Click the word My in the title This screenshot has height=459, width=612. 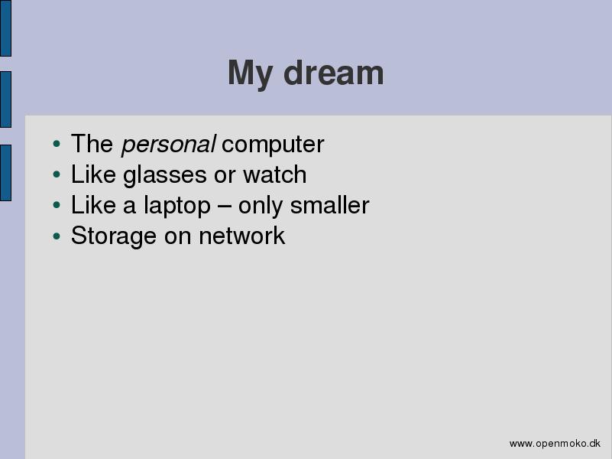tap(250, 74)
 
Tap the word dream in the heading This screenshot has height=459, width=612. tap(334, 72)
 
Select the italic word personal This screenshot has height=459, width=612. tap(168, 145)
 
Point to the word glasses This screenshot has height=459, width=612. tap(165, 175)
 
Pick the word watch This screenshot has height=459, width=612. tap(275, 174)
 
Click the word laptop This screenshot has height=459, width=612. tap(177, 206)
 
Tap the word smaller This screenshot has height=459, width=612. tap(329, 205)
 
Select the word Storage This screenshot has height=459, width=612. tap(114, 236)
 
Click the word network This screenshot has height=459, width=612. tap(242, 236)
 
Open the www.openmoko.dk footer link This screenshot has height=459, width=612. tap(555, 444)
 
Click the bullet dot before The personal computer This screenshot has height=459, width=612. tap(57, 144)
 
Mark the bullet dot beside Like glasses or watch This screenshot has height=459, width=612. tap(57, 174)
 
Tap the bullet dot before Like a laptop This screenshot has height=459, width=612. tap(57, 205)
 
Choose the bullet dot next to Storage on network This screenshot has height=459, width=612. tap(57, 236)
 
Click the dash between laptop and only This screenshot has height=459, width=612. tap(225, 207)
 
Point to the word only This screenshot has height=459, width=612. tap(261, 206)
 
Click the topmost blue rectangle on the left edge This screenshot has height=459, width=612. tap(5, 28)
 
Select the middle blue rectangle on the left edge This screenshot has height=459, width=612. tap(5, 99)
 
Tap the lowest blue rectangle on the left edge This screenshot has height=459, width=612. tap(5, 173)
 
